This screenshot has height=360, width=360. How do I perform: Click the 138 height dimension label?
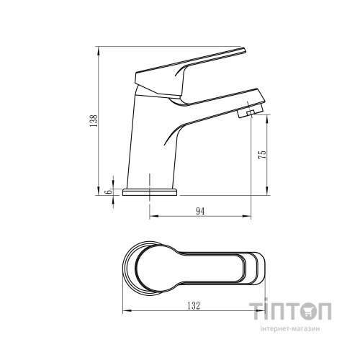tap(94, 121)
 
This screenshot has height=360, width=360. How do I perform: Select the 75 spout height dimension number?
tap(262, 154)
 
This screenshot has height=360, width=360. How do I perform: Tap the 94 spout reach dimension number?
tap(200, 211)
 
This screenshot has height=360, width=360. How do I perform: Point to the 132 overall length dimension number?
tap(194, 306)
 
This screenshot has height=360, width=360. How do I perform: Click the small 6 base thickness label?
tap(109, 192)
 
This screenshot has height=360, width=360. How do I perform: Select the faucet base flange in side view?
tap(150, 192)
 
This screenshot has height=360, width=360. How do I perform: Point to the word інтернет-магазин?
tap(290, 329)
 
